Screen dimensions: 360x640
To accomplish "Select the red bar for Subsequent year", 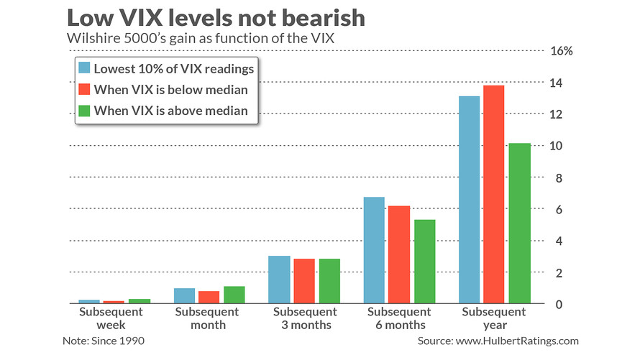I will pyautogui.click(x=494, y=195).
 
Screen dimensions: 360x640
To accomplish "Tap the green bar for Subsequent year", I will pyautogui.click(x=519, y=223).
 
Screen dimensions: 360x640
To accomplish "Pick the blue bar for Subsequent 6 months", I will pyautogui.click(x=374, y=250).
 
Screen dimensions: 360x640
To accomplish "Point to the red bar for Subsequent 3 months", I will pyautogui.click(x=304, y=281).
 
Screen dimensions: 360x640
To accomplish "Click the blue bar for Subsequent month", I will pyautogui.click(x=184, y=296).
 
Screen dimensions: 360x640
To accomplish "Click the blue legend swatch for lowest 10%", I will pyautogui.click(x=84, y=68).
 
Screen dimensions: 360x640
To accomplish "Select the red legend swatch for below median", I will pyautogui.click(x=84, y=90).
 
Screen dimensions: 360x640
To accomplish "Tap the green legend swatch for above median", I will pyautogui.click(x=84, y=111).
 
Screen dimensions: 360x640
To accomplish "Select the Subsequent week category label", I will pyautogui.click(x=111, y=318).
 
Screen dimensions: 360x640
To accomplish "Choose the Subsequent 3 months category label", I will pyautogui.click(x=304, y=318).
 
